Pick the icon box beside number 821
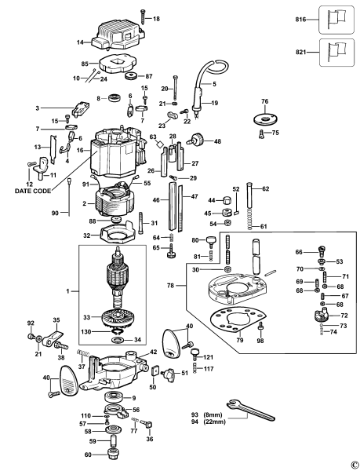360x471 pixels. click(x=335, y=52)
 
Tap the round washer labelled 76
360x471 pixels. click(x=264, y=119)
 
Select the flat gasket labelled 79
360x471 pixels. click(x=235, y=322)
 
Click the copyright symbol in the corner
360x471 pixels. click(x=354, y=464)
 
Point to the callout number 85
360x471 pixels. click(x=85, y=64)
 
